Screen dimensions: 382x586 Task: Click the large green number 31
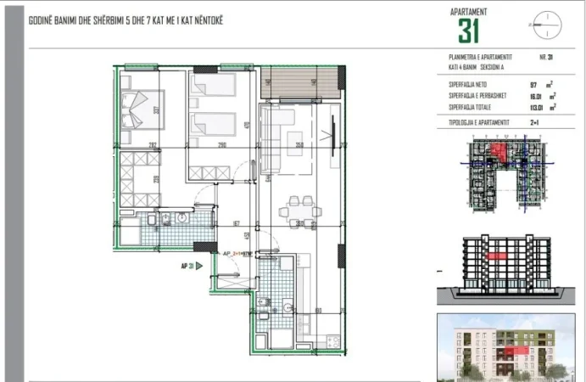[469, 31]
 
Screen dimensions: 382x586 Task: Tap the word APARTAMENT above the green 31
[470, 11]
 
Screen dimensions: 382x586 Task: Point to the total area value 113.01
[533, 108]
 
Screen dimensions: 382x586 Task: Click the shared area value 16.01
[533, 97]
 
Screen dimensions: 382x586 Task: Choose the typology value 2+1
[535, 123]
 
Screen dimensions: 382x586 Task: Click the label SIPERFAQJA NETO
[468, 85]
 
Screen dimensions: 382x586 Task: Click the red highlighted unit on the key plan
[501, 154]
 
